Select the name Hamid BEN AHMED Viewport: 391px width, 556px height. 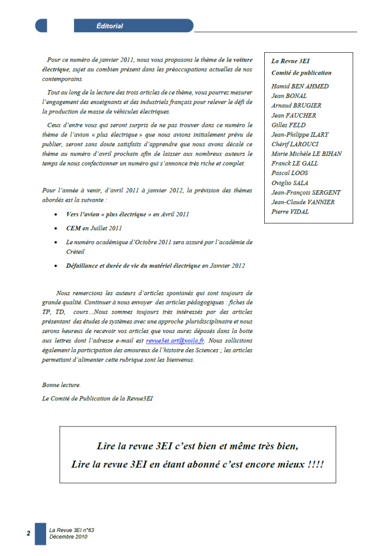pos(300,86)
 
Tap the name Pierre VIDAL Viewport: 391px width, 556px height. pos(289,212)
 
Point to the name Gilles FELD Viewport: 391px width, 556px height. pos(289,125)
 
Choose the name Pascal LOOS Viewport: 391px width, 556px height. pos(289,173)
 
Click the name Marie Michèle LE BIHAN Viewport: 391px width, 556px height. pos(306,154)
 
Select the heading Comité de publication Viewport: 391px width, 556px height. pos(301,73)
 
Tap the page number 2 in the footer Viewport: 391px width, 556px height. pos(28,534)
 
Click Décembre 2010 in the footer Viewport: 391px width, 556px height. pos(68,537)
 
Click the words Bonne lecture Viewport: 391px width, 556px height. pos(62,385)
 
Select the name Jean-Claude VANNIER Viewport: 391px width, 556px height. pos(303,202)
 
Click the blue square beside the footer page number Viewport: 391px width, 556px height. pos(40,534)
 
